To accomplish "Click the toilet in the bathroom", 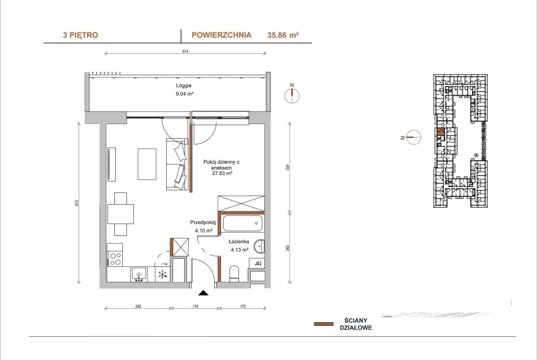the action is click(235, 273).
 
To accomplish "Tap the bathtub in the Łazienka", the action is click(243, 223).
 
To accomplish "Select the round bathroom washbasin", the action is click(260, 246).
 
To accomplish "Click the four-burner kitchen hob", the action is click(115, 259).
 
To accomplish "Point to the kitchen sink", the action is click(139, 274).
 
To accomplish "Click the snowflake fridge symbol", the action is click(162, 274).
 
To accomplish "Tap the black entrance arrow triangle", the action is click(203, 293).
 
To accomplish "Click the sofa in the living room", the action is click(177, 164).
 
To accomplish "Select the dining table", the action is click(121, 214).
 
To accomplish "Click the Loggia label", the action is click(184, 86).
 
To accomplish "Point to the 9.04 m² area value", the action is click(184, 94).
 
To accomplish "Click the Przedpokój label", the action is click(203, 222).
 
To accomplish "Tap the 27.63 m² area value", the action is click(222, 173).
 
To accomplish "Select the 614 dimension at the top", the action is click(185, 52).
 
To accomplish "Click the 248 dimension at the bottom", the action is click(138, 306).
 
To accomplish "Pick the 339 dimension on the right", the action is click(288, 167).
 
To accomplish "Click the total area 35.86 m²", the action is click(283, 35).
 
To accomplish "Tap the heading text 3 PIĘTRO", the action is click(80, 35).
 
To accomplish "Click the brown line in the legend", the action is click(324, 324).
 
